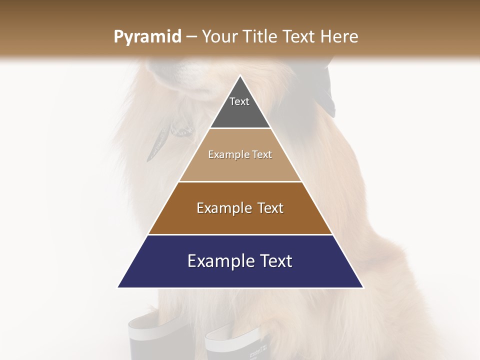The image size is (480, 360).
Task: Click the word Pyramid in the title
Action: tap(147, 37)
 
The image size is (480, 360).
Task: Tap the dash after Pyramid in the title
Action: tap(191, 37)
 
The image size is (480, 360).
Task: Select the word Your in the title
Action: tap(219, 36)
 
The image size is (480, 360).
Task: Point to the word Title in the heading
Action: tap(259, 36)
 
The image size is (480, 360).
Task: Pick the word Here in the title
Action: tap(340, 36)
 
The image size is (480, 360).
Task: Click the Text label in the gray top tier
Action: tap(239, 101)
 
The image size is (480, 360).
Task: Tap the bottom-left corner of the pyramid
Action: tap(118, 287)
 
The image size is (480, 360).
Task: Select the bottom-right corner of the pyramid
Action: tap(363, 287)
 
